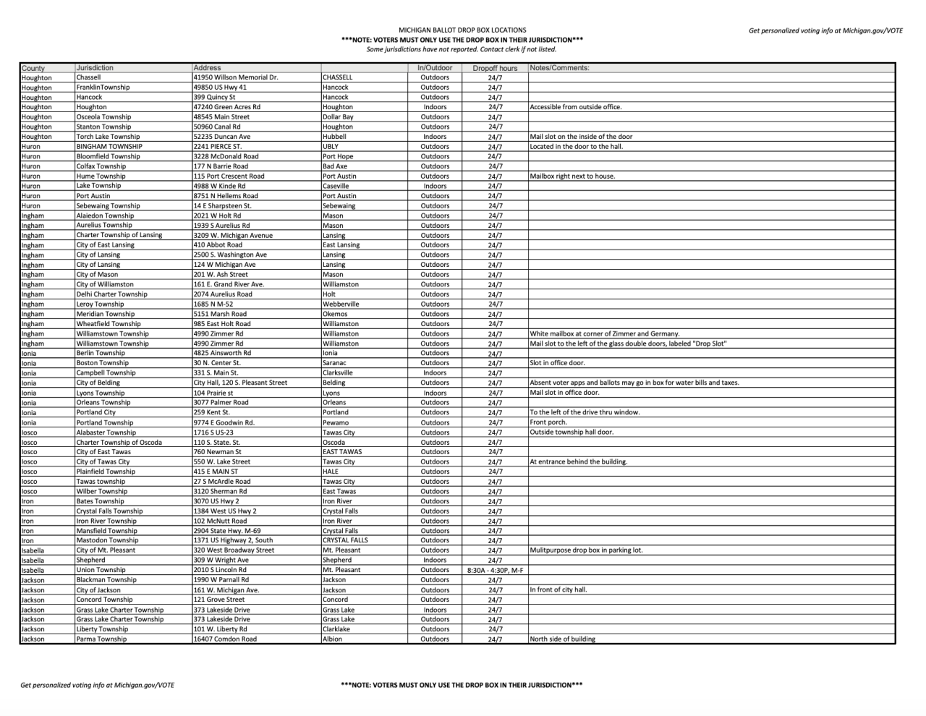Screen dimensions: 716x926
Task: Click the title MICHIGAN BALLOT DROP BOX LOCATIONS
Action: click(462, 30)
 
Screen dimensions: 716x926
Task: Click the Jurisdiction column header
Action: click(95, 68)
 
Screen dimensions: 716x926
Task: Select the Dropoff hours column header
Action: click(495, 68)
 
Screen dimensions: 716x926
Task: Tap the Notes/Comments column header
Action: click(559, 68)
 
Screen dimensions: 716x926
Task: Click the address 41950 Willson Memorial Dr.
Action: click(235, 77)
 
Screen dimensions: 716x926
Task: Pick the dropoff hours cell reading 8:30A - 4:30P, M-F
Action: click(495, 570)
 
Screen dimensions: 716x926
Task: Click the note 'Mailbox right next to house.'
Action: click(572, 176)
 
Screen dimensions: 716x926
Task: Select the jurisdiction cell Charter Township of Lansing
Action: click(119, 235)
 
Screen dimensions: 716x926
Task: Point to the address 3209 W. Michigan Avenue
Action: click(233, 235)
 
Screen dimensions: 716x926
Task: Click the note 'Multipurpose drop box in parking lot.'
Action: click(586, 550)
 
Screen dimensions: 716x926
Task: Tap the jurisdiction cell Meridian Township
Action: click(106, 314)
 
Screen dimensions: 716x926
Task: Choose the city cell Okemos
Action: click(335, 314)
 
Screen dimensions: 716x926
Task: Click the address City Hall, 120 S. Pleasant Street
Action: click(240, 383)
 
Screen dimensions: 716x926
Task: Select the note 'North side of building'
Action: click(563, 639)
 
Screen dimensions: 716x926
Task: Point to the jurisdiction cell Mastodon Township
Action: click(107, 540)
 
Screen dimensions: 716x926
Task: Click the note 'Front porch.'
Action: click(548, 422)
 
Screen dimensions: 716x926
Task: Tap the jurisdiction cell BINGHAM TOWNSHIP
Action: click(109, 146)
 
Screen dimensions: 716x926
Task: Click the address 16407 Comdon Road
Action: click(225, 639)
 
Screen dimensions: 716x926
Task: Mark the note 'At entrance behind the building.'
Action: click(579, 461)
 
